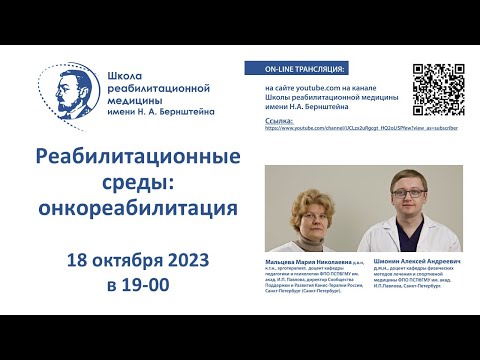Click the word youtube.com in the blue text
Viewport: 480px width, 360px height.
click(x=310, y=87)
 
